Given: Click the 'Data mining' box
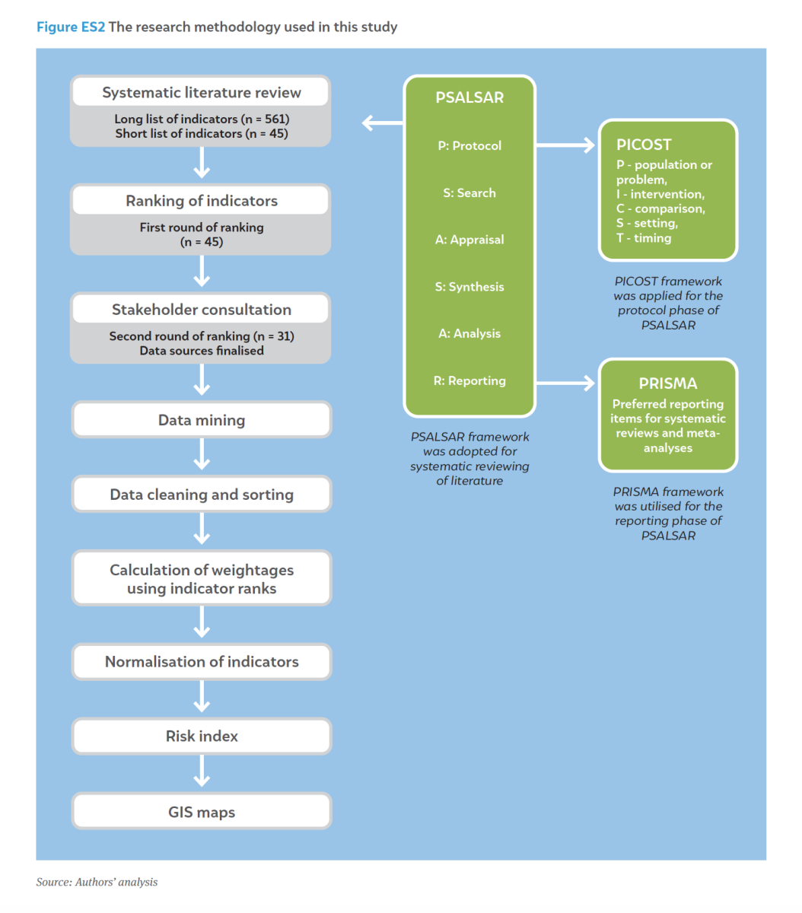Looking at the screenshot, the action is coord(202,419).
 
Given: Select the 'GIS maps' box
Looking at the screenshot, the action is coord(202,812).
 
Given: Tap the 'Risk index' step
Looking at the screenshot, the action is coord(202,736).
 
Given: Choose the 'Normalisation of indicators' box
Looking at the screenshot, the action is coord(202,661).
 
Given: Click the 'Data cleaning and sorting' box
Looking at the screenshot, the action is coord(202,495).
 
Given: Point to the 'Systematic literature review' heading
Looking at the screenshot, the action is coord(202,92).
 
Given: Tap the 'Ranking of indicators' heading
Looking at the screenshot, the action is coord(202,201).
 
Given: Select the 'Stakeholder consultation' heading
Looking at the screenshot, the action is coord(202,310).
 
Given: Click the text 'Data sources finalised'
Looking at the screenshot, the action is coord(202,351).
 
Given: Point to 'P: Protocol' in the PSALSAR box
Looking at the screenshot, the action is coord(469,145).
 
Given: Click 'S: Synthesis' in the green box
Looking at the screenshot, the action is coord(469,287).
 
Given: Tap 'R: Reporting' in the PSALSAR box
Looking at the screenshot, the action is coord(469,380).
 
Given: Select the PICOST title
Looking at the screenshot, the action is coord(644,145).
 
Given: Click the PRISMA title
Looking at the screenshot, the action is coord(667,383).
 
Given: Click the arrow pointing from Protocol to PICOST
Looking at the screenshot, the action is coord(565,145).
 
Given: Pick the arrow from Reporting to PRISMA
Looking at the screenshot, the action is coord(565,383).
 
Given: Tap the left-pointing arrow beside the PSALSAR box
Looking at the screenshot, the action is coord(382,122).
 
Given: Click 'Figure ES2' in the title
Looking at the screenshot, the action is coord(71,27).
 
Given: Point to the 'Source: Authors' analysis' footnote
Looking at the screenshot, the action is coord(97,882).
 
